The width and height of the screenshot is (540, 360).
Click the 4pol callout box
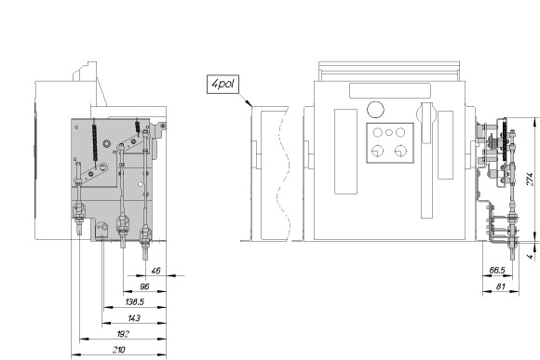tap(223, 84)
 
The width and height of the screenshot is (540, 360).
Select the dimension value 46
tap(156, 271)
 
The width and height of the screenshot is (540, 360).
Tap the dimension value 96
tap(144, 287)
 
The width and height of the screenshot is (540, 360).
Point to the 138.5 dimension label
tap(135, 302)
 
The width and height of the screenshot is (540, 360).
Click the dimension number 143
tap(134, 318)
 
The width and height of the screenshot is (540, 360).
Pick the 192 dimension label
tap(123, 334)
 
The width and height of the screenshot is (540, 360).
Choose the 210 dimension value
tap(119, 350)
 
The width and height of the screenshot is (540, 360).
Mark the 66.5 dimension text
tap(497, 271)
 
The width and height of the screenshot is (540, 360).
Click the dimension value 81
tap(501, 287)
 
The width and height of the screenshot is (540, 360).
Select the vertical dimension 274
tap(530, 180)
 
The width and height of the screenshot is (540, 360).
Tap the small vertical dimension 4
tap(531, 256)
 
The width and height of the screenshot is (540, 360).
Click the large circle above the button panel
tap(375, 110)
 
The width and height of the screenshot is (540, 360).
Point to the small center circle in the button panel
tap(389, 132)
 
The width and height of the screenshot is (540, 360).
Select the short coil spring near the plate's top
tap(138, 126)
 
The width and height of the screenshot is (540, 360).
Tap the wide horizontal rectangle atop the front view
tap(390, 91)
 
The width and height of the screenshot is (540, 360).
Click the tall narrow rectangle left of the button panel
tap(345, 152)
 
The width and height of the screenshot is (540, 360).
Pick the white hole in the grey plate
tap(141, 184)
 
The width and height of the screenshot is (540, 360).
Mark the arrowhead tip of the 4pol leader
tap(252, 106)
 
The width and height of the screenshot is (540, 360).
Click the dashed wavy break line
tap(283, 173)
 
